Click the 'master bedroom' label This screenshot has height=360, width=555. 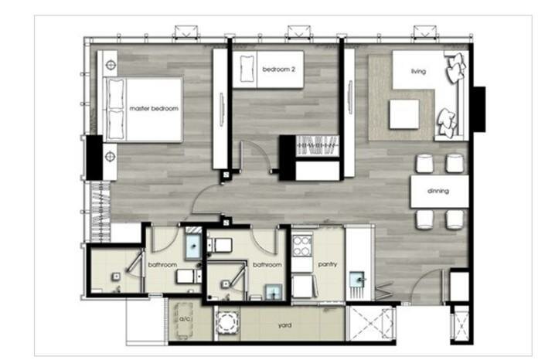tap(154, 109)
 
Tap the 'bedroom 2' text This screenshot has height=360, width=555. tap(278, 70)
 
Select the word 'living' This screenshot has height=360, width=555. tap(418, 71)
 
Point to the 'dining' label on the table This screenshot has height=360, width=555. tap(438, 191)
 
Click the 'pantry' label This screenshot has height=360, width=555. tap(328, 264)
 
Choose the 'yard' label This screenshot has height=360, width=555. tap(285, 325)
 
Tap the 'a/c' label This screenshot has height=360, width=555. tap(185, 319)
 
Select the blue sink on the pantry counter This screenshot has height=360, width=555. tap(357, 280)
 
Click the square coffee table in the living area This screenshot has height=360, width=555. tap(404, 114)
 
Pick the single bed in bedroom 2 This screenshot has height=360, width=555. tap(268, 70)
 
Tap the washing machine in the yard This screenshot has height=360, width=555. tap(227, 322)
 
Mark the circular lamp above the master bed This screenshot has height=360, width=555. tap(111, 65)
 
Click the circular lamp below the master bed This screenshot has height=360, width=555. tap(111, 156)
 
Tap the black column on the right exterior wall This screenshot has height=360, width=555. tap(479, 109)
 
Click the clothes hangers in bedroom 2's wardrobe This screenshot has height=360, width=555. tap(317, 145)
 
